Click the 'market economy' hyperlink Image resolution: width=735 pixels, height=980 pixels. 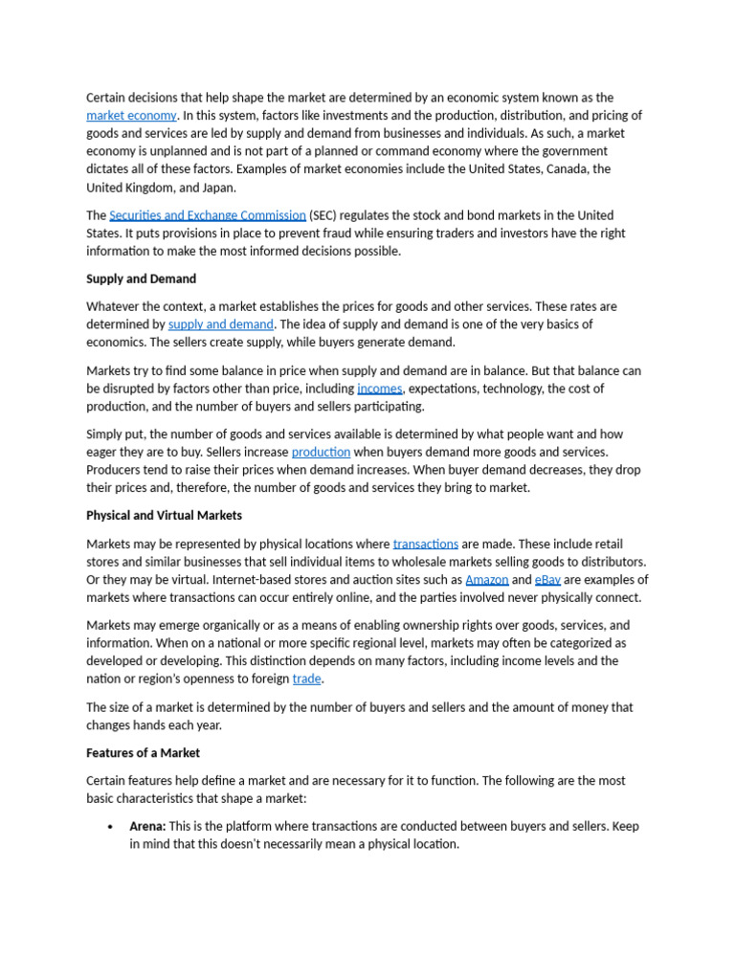[131, 116]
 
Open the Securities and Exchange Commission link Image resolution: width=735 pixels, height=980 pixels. [208, 216]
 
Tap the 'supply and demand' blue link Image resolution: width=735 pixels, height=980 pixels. [220, 325]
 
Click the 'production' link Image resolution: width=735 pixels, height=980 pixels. [321, 453]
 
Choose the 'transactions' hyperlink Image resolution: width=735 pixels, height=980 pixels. [425, 545]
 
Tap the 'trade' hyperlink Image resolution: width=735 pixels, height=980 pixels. [306, 679]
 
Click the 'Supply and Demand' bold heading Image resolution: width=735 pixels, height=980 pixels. [141, 279]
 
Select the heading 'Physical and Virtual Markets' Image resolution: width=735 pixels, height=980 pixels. [164, 516]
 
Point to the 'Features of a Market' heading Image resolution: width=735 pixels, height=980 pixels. [143, 753]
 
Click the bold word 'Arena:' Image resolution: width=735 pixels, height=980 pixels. [147, 827]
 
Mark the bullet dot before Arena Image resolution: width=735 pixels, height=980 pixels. [111, 827]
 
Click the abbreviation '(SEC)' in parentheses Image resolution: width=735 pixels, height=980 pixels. [327, 216]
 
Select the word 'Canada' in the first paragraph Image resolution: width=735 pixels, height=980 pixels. [565, 169]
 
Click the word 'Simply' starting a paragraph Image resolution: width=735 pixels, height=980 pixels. [105, 434]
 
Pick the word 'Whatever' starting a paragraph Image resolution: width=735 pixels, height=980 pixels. [113, 307]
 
